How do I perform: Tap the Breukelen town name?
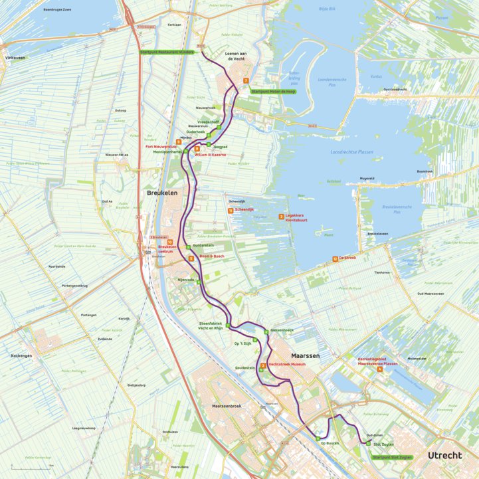coord(162,193)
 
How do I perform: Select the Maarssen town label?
coord(306,356)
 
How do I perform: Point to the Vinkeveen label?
coord(15,58)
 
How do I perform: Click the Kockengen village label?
coord(21,355)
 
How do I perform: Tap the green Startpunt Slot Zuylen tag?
coord(393,457)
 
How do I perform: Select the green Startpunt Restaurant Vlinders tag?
coord(167,52)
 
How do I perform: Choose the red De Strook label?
coord(347,258)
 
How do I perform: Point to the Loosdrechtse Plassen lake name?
coord(352,152)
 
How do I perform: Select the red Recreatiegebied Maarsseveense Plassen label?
coord(377,361)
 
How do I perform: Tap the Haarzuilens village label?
coord(180,467)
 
